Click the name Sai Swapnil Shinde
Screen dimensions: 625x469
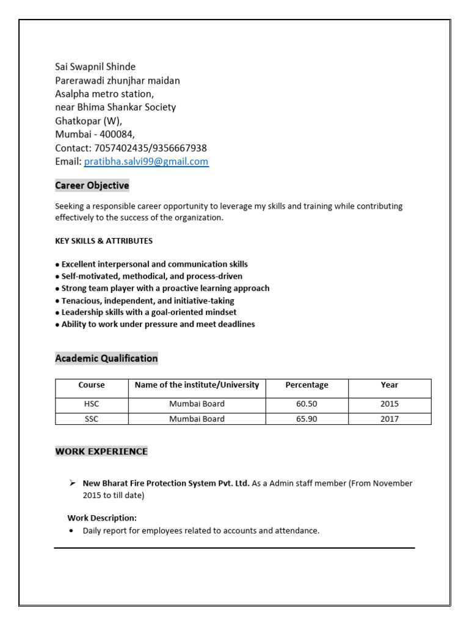click(95, 67)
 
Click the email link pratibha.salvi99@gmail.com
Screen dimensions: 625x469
click(146, 162)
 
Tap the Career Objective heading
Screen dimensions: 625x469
click(92, 186)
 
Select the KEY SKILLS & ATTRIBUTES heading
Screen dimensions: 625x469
click(104, 241)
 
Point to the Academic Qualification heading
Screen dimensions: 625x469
click(106, 359)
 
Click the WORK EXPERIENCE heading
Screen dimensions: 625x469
click(101, 452)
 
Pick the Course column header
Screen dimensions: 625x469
click(92, 385)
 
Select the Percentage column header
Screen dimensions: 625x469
click(307, 385)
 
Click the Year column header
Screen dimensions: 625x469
click(389, 385)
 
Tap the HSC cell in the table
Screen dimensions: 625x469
click(92, 404)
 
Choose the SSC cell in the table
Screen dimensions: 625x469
click(92, 419)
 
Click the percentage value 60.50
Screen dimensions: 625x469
click(307, 404)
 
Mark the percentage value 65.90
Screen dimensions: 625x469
click(307, 419)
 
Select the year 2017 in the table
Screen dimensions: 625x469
click(389, 419)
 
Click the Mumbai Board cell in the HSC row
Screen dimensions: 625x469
click(197, 404)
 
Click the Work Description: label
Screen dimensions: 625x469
click(102, 518)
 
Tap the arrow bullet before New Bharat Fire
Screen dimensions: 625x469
click(72, 483)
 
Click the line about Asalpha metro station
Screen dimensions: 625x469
click(104, 94)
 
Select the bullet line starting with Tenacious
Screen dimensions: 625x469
click(147, 301)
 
